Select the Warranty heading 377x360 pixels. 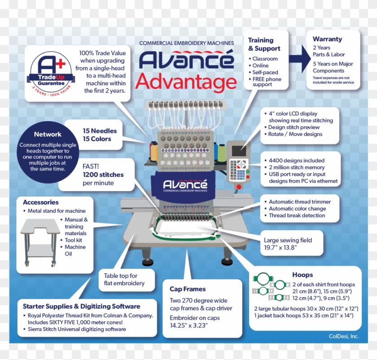[x=327, y=40]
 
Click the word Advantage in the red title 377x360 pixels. [x=186, y=82]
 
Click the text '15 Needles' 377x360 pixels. [x=99, y=131]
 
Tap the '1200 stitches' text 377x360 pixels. [x=103, y=175]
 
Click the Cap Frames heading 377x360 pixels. [x=187, y=289]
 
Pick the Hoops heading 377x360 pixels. [x=302, y=275]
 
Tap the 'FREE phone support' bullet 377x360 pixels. [x=267, y=82]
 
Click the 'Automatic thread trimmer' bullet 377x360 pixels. [x=299, y=202]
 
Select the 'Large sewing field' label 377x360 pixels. [x=288, y=240]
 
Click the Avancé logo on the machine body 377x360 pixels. [x=185, y=184]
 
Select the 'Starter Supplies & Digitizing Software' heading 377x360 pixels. [x=81, y=307]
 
